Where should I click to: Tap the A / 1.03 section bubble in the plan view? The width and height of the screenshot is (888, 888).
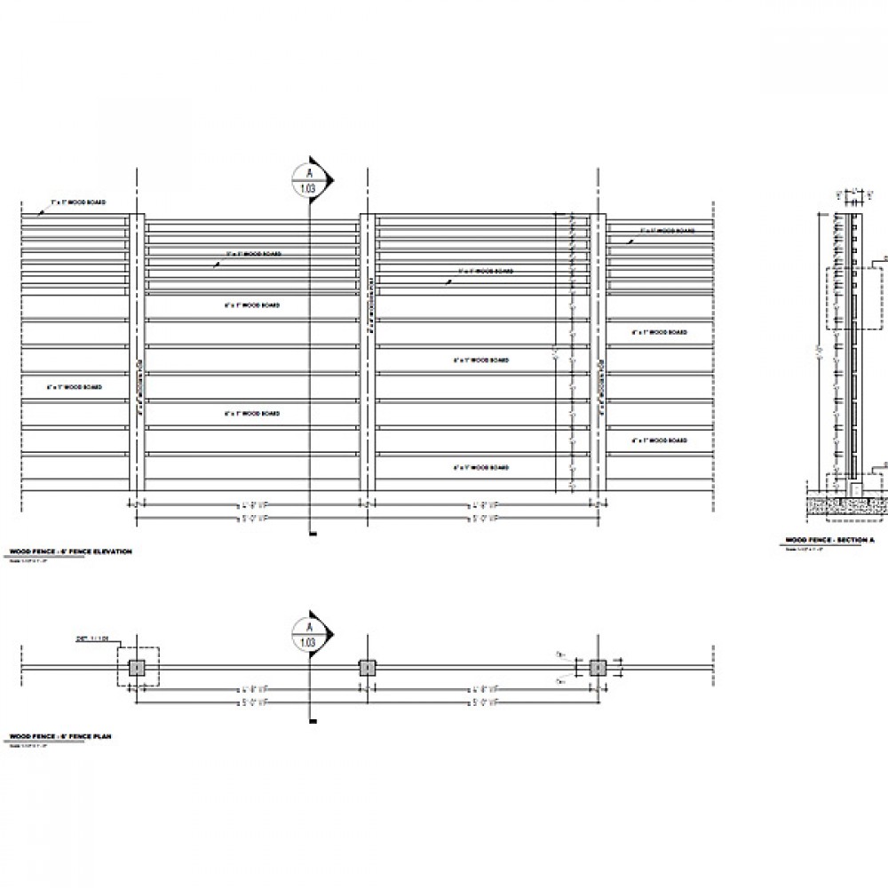(x=310, y=634)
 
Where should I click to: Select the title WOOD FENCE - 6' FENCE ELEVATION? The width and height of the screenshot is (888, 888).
(x=69, y=552)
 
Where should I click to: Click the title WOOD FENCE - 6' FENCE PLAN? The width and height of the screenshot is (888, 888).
(x=59, y=737)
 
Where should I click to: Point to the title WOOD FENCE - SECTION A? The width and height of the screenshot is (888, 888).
(x=830, y=540)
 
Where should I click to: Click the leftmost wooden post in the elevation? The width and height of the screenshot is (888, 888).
(x=138, y=352)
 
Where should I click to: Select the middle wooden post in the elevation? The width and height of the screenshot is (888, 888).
(x=368, y=352)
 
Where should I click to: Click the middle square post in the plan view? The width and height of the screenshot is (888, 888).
(x=367, y=668)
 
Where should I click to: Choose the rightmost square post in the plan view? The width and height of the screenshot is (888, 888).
(x=597, y=668)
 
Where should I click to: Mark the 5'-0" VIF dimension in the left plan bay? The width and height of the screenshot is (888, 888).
(x=252, y=702)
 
